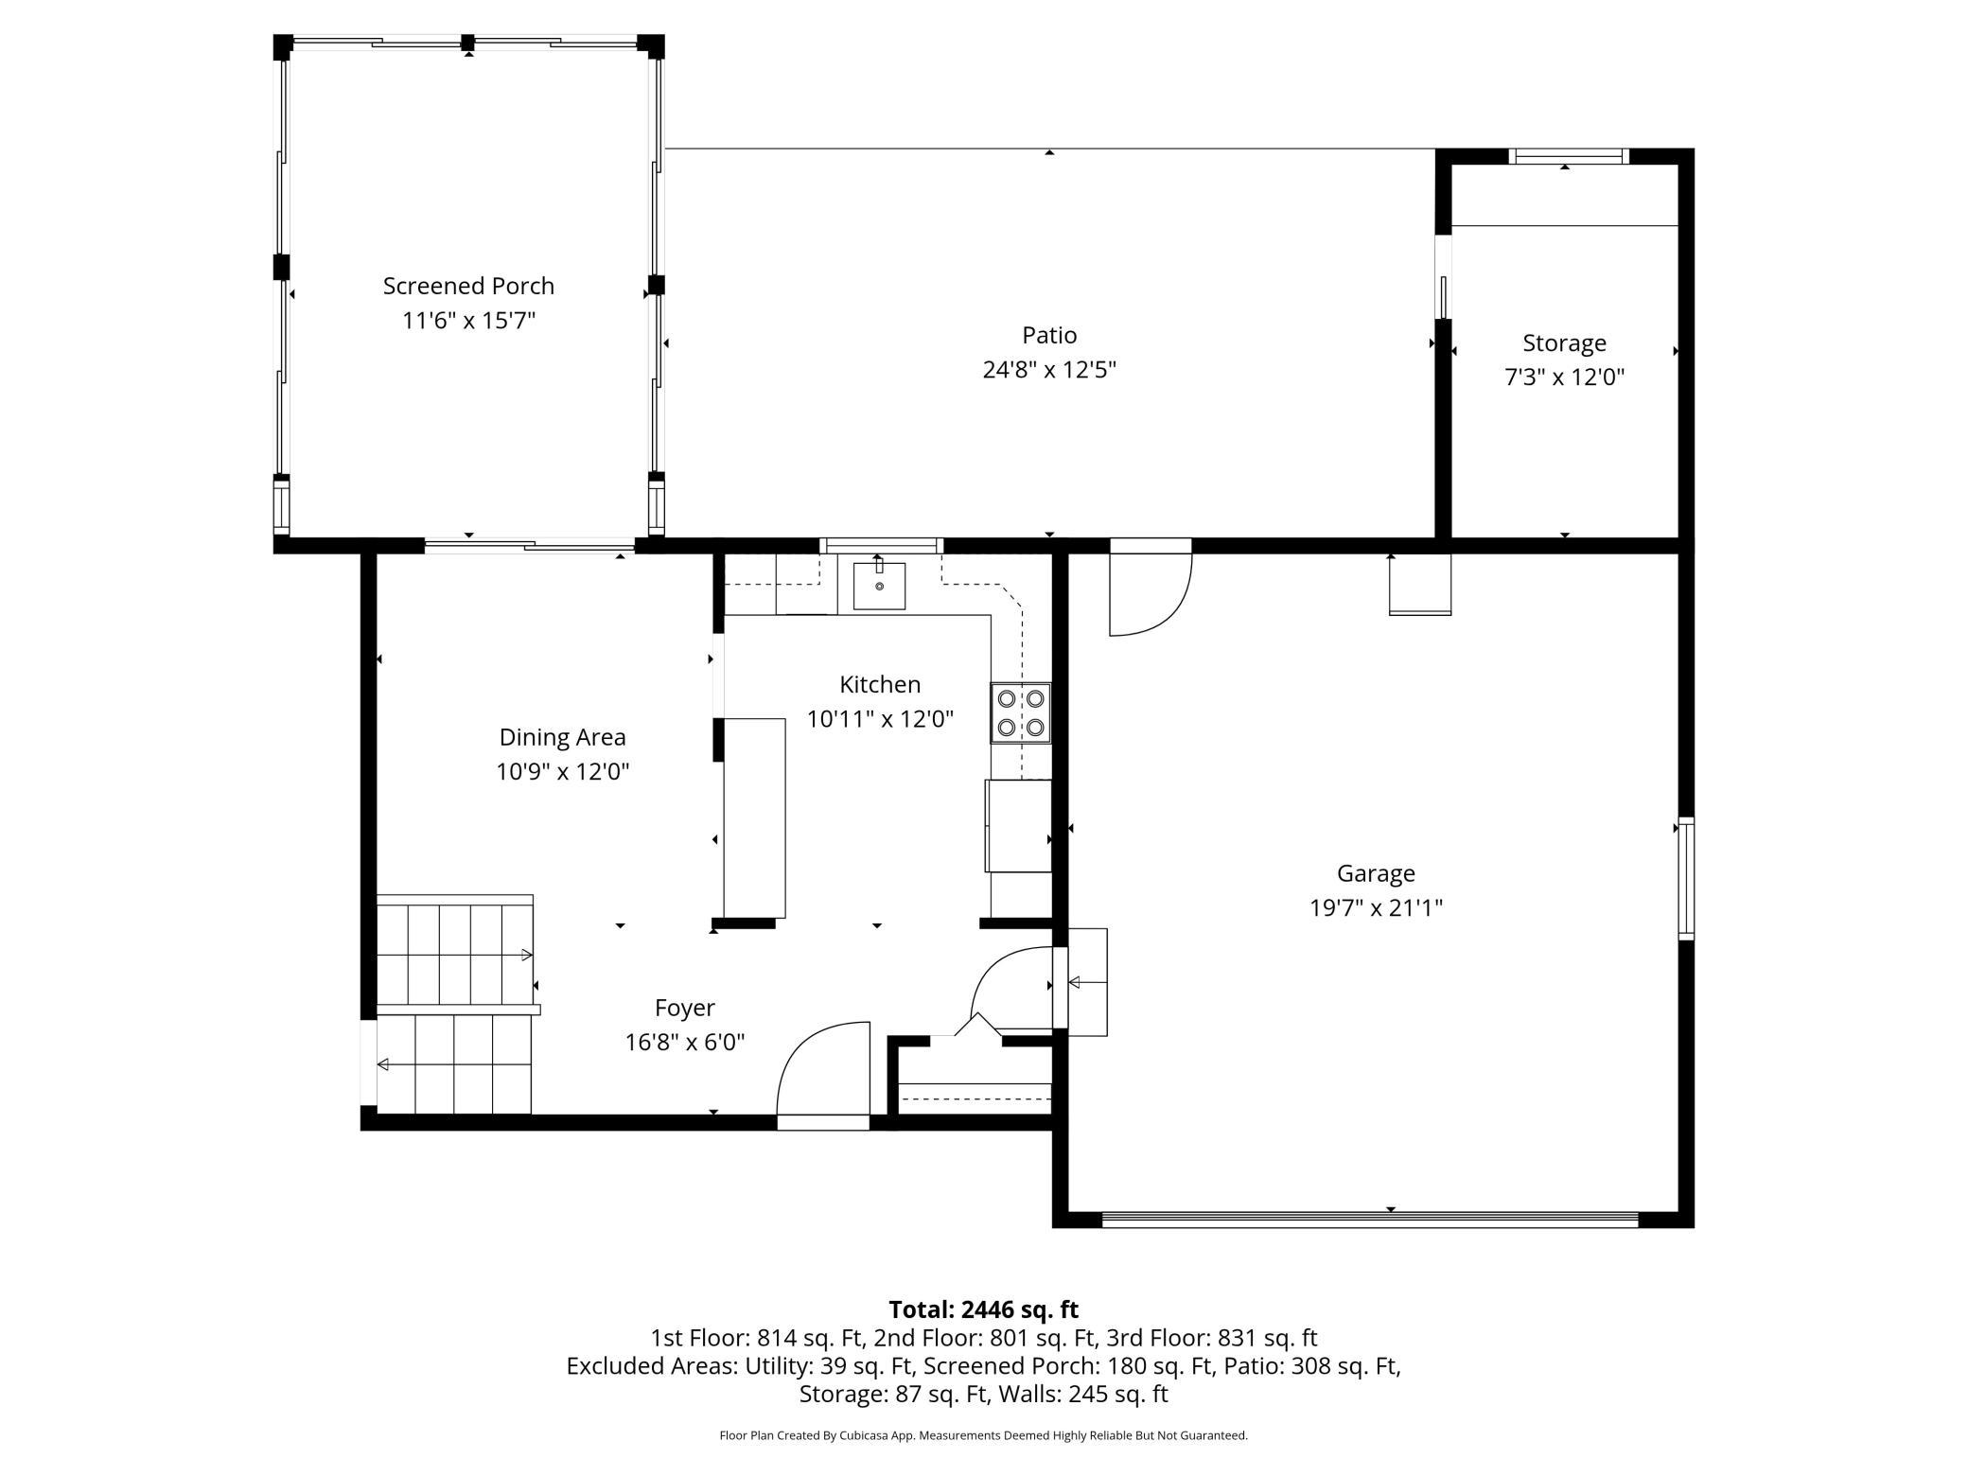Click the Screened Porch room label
[468, 286]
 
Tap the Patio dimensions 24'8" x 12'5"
[1049, 370]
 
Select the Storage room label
[1564, 343]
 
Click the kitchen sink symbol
[879, 586]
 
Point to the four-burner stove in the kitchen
[1021, 712]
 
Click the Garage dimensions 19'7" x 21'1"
[1376, 908]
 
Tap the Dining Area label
[562, 737]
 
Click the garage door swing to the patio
[1150, 591]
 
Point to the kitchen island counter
[754, 817]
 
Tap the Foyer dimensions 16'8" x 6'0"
[685, 1043]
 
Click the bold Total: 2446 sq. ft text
[983, 1309]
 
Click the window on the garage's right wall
[1686, 878]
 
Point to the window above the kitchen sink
[881, 545]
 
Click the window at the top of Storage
[1568, 156]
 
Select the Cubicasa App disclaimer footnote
[983, 1435]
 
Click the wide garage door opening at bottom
[1369, 1221]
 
